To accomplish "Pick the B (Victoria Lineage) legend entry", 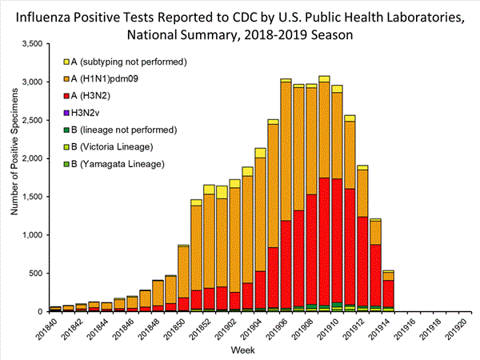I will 116,146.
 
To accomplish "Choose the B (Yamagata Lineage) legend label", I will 118,163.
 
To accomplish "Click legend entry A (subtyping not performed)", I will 129,62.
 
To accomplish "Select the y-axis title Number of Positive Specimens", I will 14,177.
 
